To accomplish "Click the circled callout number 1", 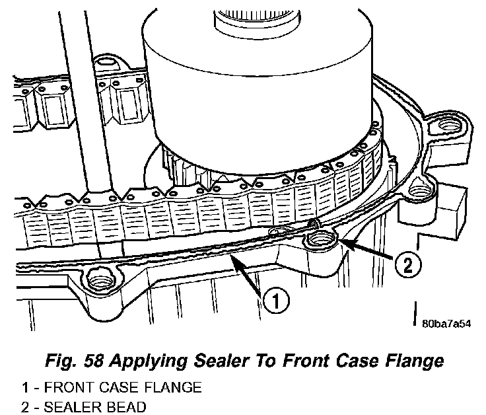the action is [x=276, y=301].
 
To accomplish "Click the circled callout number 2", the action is [x=408, y=265].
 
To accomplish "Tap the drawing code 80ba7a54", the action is [x=446, y=324].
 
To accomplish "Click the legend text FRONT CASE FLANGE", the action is [x=123, y=387].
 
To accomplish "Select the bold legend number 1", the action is [x=25, y=387].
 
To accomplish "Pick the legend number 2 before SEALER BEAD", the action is [x=25, y=407].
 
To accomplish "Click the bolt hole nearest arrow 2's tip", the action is [x=321, y=239].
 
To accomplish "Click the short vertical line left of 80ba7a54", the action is [x=415, y=313].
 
